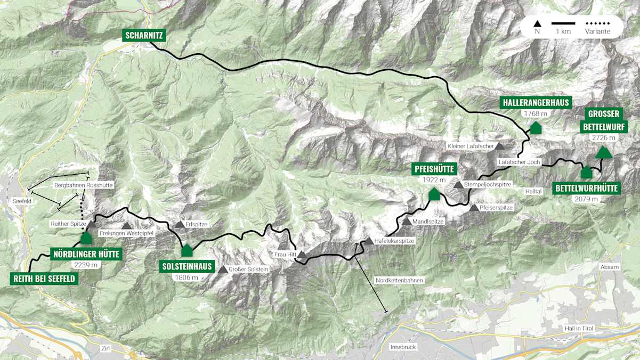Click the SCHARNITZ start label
[144, 36]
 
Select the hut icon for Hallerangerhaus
[536, 128]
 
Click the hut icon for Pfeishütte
[434, 194]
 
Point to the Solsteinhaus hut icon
[187, 250]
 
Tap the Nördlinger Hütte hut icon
[86, 238]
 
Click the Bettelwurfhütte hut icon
[586, 173]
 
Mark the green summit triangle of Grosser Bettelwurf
[603, 153]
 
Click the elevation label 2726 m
[603, 138]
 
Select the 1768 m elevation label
[536, 113]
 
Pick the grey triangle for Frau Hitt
[302, 255]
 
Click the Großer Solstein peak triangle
[222, 269]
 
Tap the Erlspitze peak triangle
[180, 225]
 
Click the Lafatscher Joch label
[520, 161]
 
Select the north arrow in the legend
[538, 23]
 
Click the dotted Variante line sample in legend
[597, 23]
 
